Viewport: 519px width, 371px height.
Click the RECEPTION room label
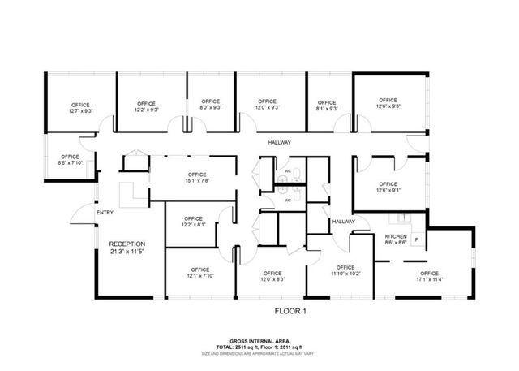(127, 244)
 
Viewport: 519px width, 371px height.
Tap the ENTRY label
(105, 213)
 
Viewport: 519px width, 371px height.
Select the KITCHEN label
(395, 236)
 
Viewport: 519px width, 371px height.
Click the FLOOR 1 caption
(290, 309)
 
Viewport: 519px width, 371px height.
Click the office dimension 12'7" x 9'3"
(80, 111)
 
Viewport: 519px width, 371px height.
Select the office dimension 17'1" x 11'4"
(429, 280)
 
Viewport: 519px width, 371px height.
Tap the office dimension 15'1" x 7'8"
(197, 181)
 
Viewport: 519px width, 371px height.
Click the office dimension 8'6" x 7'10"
(71, 163)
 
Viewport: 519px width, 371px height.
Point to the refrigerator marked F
(417, 240)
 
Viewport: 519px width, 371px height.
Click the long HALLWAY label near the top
(280, 143)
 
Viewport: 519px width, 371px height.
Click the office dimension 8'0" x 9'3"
(211, 107)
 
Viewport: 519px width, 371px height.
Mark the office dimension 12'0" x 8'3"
(272, 280)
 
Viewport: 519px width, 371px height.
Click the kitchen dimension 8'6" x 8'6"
(395, 243)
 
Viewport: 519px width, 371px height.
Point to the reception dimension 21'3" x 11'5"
(127, 251)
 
